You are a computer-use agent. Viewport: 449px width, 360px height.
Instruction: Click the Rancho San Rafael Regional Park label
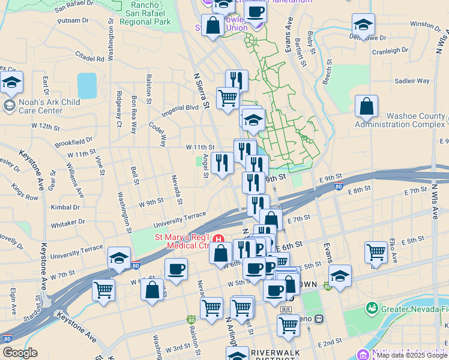[145, 14]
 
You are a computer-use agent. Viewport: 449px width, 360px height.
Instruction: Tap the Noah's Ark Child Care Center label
[41, 106]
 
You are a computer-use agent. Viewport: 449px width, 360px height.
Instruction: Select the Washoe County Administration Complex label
[399, 120]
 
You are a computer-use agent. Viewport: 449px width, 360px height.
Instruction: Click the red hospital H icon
[219, 239]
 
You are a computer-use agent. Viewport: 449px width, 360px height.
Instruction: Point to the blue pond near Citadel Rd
[86, 85]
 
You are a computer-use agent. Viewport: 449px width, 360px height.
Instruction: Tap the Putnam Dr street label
[73, 20]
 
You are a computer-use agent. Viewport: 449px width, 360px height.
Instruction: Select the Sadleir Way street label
[411, 80]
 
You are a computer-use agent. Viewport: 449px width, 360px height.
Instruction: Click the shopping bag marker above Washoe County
[366, 107]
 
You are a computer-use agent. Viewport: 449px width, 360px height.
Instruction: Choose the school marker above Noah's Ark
[11, 83]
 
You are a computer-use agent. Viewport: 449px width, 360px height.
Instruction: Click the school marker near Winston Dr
[363, 25]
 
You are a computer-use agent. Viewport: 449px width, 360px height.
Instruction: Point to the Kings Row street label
[24, 192]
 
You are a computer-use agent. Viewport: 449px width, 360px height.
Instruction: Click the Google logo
[20, 353]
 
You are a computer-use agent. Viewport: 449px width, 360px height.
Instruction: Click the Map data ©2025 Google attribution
[412, 355]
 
